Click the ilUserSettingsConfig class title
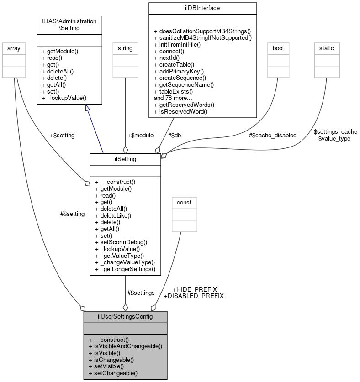point(125,316)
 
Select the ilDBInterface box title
point(202,8)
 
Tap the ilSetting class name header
point(125,158)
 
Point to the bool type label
point(278,47)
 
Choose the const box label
point(184,202)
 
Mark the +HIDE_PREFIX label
point(195,289)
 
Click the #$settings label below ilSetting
point(141,293)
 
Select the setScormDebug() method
point(121,242)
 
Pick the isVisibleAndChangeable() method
point(125,346)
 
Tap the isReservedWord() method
point(181,111)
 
